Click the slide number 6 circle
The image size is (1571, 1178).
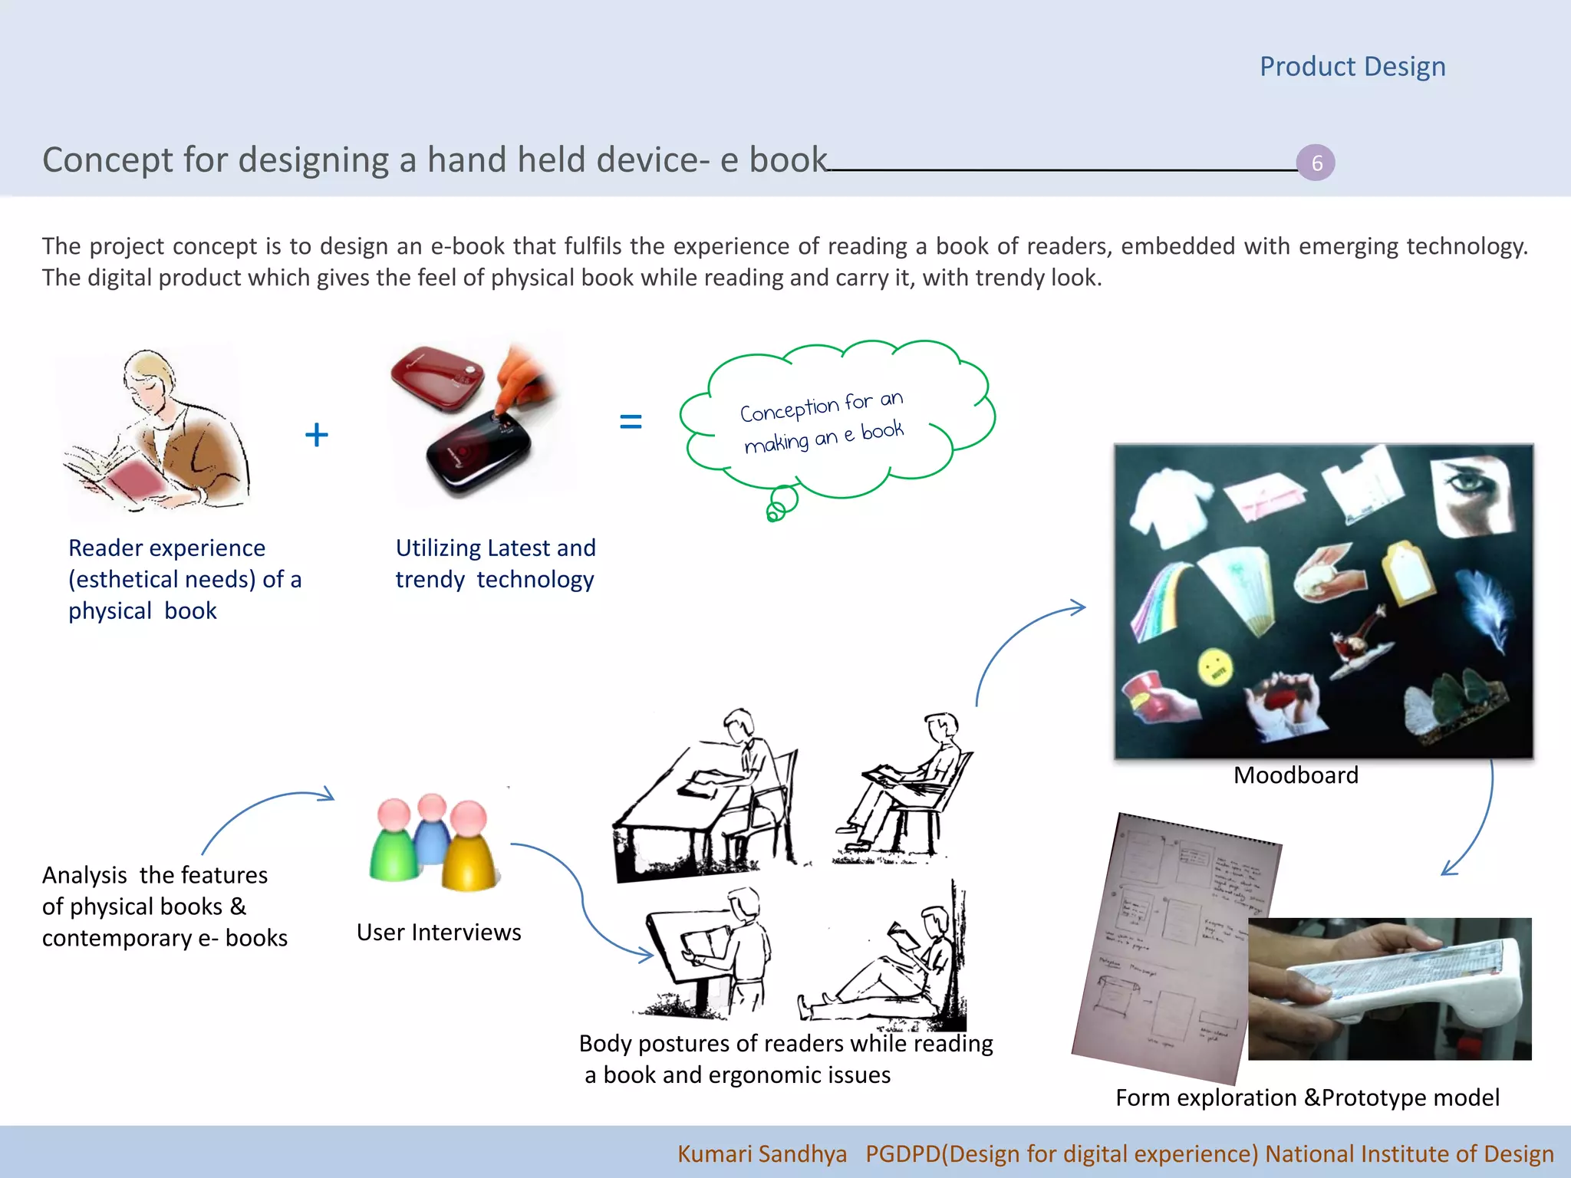[x=1316, y=163]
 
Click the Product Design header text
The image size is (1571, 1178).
[x=1352, y=67]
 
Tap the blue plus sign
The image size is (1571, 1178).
[x=316, y=435]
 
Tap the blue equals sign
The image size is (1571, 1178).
[x=630, y=421]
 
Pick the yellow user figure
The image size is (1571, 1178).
[x=469, y=851]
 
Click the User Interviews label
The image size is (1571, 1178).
[x=439, y=932]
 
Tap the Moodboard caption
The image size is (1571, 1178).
[x=1296, y=775]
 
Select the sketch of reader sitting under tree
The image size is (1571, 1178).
[x=890, y=966]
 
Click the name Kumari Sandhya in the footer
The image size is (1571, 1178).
[x=762, y=1153]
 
